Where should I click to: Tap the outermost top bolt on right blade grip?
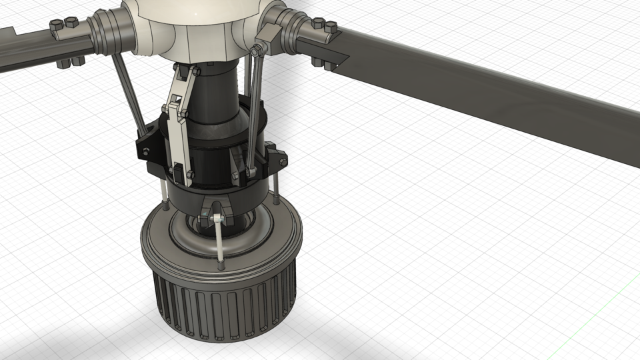(x=330, y=27)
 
